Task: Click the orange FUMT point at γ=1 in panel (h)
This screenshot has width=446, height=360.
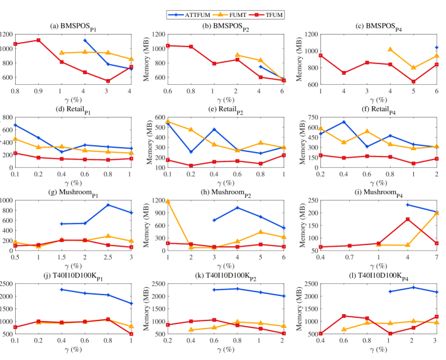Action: pyautogui.click(x=168, y=201)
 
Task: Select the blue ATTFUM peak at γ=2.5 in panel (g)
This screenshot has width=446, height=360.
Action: pyautogui.click(x=108, y=205)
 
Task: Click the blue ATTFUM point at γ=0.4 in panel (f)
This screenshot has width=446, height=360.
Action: pyautogui.click(x=344, y=122)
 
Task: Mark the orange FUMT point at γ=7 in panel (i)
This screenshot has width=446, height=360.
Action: pyautogui.click(x=437, y=213)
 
